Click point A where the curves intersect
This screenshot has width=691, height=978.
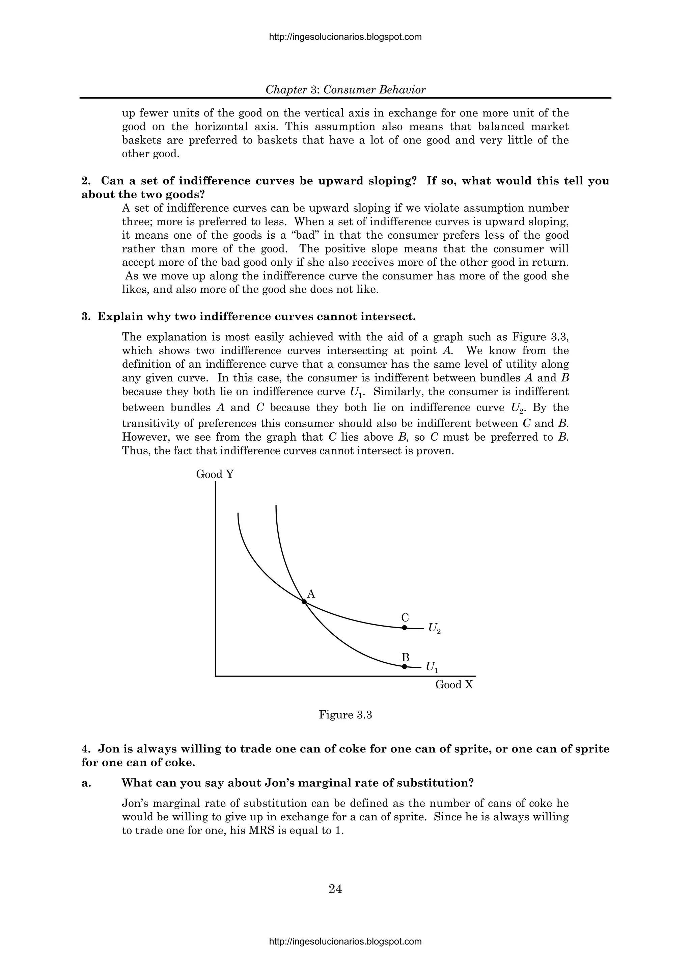[304, 602]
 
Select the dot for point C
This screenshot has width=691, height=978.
[405, 628]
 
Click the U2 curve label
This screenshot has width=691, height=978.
[434, 628]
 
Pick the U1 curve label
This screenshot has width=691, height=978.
[432, 667]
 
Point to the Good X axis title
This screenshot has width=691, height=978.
[454, 685]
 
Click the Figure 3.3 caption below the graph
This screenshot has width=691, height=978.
[345, 715]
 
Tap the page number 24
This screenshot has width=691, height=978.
[335, 886]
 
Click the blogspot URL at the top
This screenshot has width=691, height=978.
[345, 37]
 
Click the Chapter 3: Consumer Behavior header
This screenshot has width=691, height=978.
[345, 90]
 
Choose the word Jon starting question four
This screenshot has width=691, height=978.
[108, 749]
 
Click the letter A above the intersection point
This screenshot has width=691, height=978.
[311, 594]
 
